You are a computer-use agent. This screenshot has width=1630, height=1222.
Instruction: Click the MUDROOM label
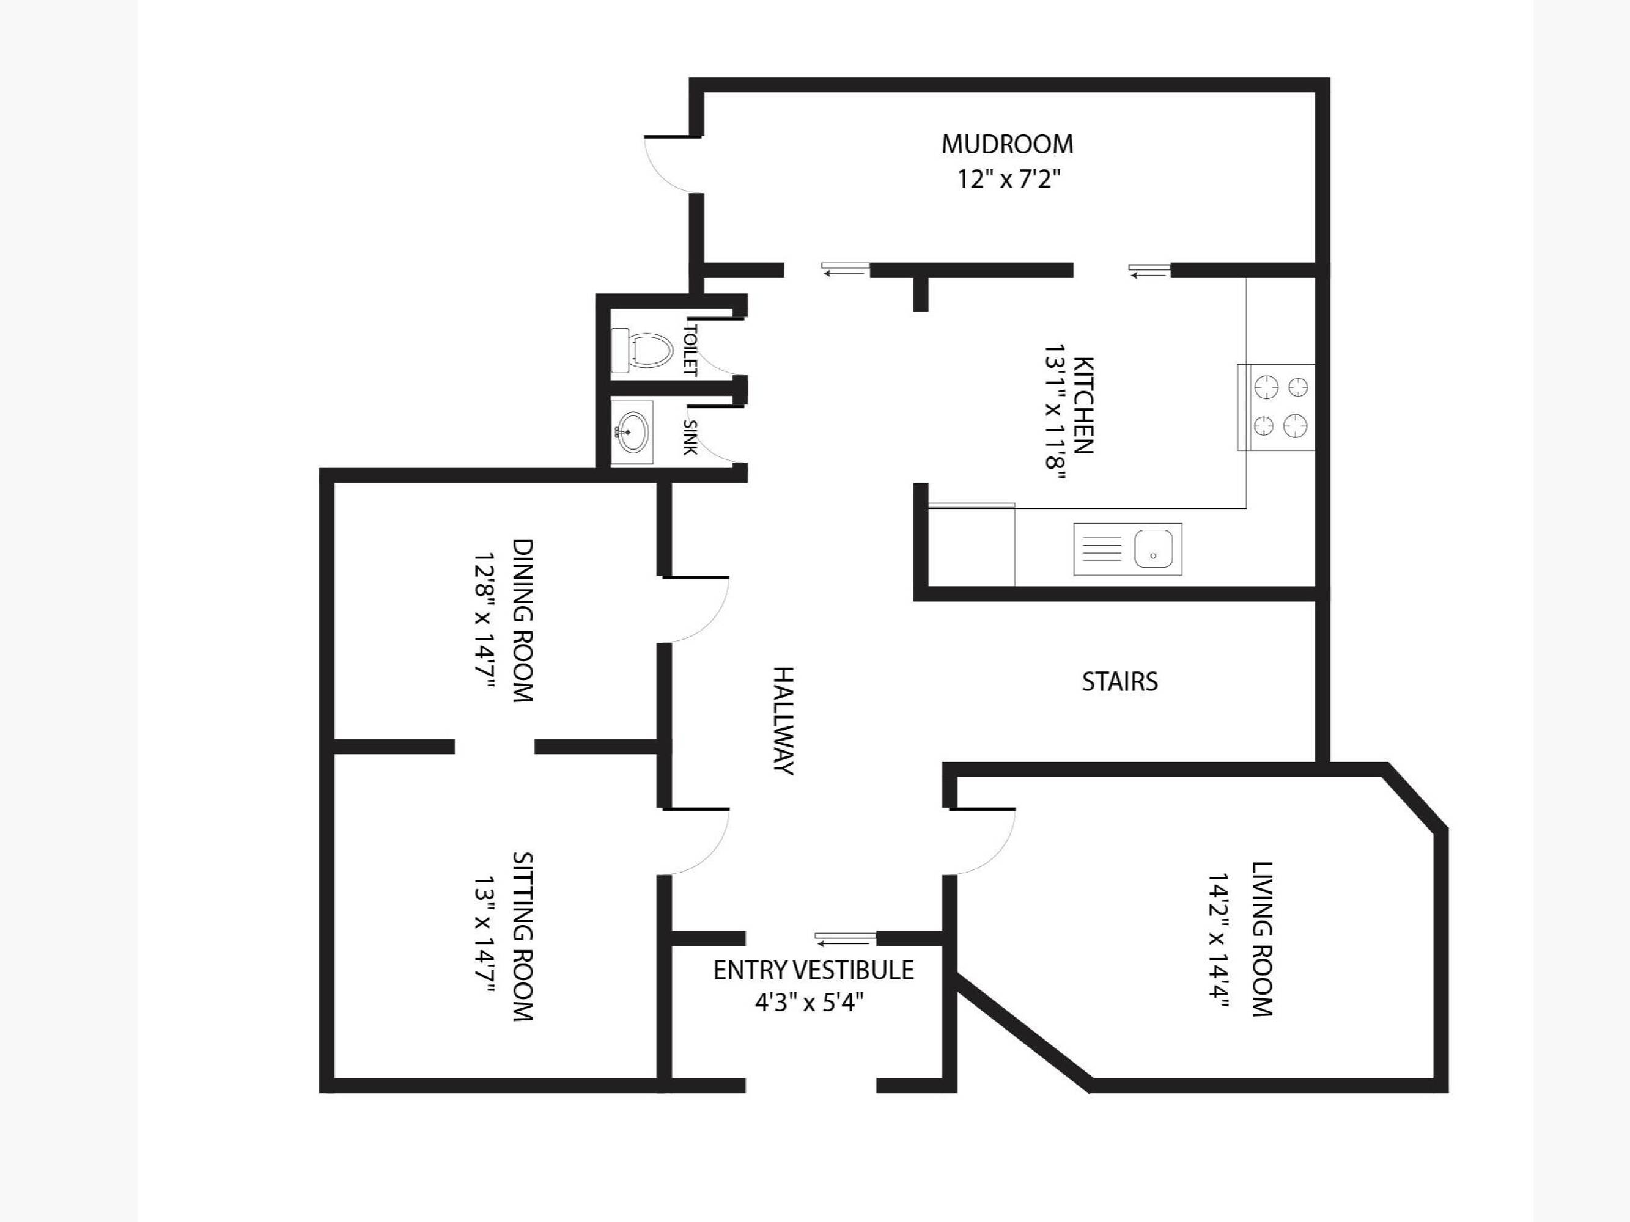click(x=1008, y=144)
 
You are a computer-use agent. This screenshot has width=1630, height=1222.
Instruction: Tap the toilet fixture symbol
click(x=643, y=351)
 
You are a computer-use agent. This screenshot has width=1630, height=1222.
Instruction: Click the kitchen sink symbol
click(x=1127, y=549)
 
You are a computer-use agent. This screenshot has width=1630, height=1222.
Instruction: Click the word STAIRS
click(x=1119, y=682)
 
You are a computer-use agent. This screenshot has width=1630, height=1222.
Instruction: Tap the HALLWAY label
click(x=783, y=721)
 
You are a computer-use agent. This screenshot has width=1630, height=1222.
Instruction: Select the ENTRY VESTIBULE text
click(x=814, y=970)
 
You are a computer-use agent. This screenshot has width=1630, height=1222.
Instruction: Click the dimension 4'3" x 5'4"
click(x=809, y=1003)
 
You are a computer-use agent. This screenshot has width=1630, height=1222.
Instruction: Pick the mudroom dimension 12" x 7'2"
click(x=1009, y=179)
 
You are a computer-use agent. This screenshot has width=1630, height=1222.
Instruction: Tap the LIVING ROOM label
click(x=1263, y=939)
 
